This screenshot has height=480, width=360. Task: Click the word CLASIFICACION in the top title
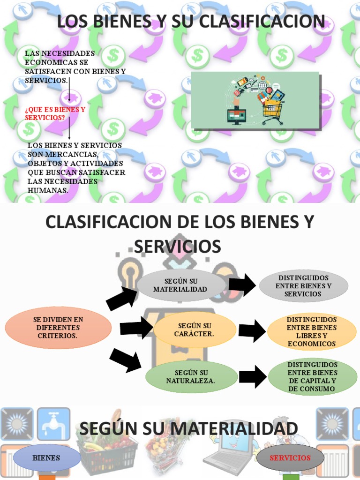(262, 22)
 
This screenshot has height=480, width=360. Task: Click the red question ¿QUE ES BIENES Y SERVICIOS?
(55, 113)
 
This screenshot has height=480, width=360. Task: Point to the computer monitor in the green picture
(236, 116)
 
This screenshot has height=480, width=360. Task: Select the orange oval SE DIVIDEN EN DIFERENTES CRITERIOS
(58, 328)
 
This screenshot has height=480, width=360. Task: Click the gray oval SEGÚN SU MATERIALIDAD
(180, 285)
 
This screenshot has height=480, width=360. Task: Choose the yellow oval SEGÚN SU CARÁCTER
(195, 330)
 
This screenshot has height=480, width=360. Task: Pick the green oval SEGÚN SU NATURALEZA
(191, 376)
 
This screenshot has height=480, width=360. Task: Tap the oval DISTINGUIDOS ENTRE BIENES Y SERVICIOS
(303, 286)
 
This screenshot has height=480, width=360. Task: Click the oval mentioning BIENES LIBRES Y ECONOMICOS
(312, 331)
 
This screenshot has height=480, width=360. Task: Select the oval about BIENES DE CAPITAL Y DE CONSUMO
(312, 376)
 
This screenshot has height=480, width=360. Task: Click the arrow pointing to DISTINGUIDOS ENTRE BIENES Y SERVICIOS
(242, 285)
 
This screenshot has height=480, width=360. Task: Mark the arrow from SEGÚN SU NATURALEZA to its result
(253, 376)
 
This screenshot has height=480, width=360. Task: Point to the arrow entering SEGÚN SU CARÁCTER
(136, 328)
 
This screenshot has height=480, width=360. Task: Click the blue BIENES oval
(47, 458)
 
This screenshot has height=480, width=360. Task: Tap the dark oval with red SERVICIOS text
(290, 458)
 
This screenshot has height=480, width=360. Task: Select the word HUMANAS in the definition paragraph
(48, 190)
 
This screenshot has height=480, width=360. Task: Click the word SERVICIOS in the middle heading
(178, 247)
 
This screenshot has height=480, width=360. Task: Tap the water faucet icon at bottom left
(53, 424)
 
